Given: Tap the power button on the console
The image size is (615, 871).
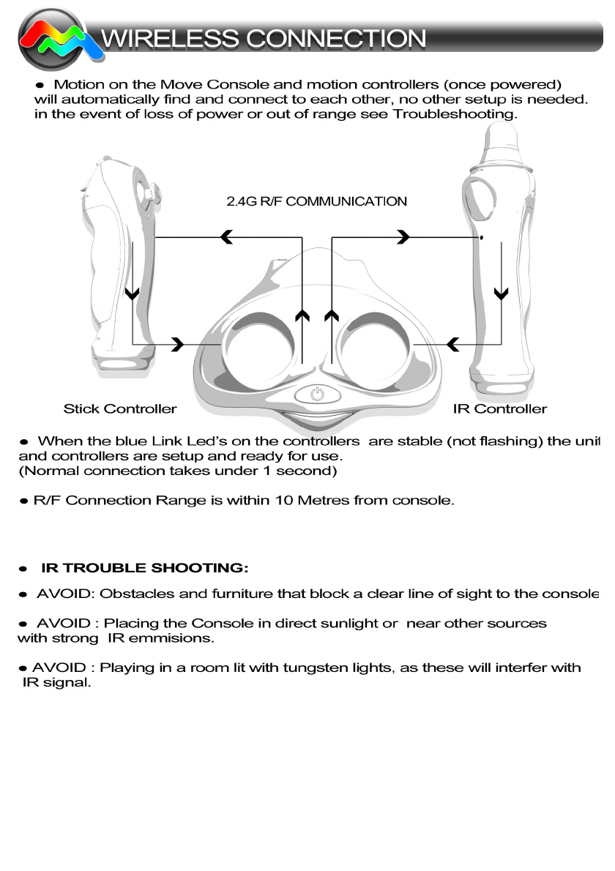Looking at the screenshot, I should point(317,394).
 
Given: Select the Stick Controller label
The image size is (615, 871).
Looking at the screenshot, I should point(120,408).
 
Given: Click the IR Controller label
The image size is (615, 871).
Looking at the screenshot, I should point(499,408).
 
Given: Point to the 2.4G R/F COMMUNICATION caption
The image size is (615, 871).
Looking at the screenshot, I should point(316,201).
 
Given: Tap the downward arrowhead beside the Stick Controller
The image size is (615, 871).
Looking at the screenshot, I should point(133,294).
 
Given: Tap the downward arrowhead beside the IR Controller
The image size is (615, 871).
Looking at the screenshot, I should point(501,294).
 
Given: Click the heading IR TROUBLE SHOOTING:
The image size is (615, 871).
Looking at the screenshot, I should point(145,568).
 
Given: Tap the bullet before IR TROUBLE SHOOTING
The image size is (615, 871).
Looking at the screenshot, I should point(24,569).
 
